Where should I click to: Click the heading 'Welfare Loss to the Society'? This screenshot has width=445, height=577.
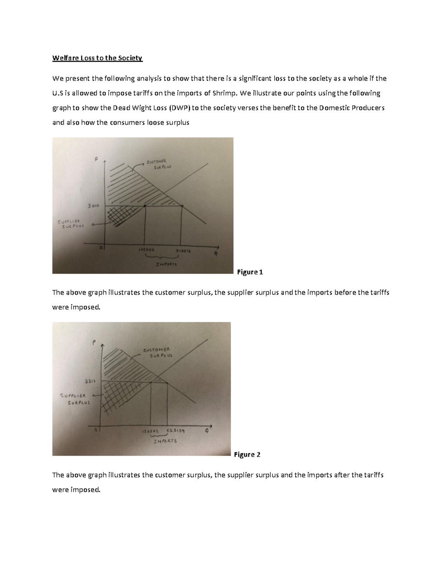click(x=97, y=58)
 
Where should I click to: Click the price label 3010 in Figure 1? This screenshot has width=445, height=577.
click(x=93, y=206)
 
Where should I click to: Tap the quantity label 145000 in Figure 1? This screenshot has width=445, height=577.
click(x=145, y=250)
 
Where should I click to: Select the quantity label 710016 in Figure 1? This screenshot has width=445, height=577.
click(x=183, y=251)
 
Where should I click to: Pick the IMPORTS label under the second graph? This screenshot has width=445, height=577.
click(x=165, y=441)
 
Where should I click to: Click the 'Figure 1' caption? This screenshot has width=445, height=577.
click(x=250, y=272)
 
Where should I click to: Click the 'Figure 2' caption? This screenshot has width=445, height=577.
click(x=247, y=454)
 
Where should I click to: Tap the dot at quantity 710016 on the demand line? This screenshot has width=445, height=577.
click(x=182, y=206)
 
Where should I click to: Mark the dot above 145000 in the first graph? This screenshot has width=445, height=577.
click(x=145, y=206)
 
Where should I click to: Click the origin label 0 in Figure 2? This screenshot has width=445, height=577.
click(x=96, y=430)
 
